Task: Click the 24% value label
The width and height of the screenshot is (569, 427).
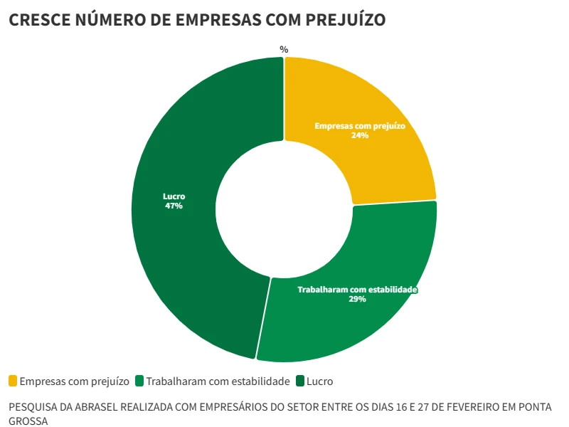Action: [360, 135]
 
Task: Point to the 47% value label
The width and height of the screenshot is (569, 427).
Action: [174, 206]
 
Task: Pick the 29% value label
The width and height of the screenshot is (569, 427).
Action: [357, 300]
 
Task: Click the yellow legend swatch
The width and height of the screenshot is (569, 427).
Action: [13, 381]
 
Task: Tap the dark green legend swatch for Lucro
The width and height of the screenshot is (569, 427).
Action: [299, 381]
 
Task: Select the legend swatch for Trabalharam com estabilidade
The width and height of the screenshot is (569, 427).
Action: [139, 381]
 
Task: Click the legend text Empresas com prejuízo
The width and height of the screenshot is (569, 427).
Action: [74, 381]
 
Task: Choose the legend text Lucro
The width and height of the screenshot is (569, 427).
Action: [319, 381]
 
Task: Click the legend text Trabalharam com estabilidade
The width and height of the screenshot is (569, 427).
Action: [218, 381]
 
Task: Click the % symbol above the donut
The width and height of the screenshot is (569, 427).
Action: [284, 49]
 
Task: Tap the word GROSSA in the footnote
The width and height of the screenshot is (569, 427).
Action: [28, 421]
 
